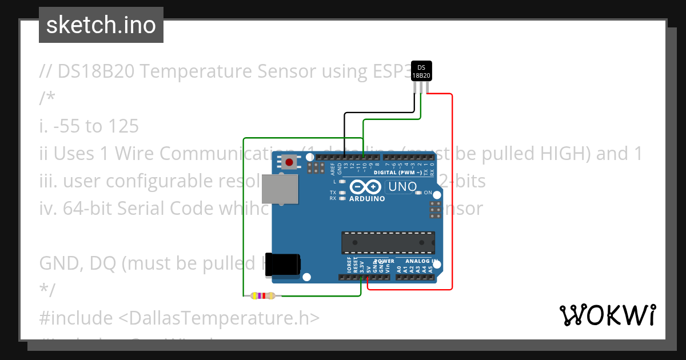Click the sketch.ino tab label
coord(101,25)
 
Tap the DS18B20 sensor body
coord(421,72)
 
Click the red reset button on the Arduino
coord(289,162)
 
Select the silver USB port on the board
coord(280,189)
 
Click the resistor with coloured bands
coord(262,295)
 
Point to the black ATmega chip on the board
coord(388,243)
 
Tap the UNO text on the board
coord(402,186)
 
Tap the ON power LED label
coord(428,193)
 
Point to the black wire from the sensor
coord(345,131)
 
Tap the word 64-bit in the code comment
coord(85,208)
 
